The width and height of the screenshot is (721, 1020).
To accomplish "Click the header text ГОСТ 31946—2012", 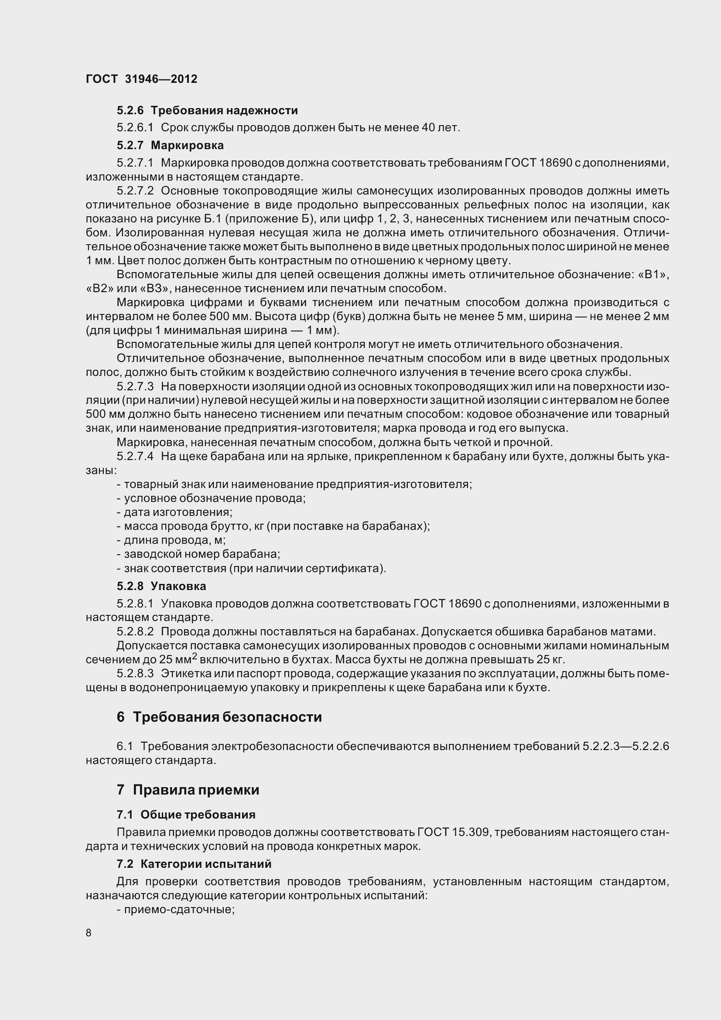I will click(x=141, y=79).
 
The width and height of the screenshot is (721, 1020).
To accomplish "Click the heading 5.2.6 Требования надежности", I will click(x=207, y=110).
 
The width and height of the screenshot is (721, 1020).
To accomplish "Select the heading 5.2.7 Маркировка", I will click(x=170, y=145).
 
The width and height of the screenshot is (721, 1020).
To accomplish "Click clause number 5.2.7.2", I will click(x=135, y=191).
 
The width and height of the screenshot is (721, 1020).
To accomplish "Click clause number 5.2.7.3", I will click(x=135, y=386).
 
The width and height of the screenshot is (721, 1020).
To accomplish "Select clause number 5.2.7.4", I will click(x=135, y=456).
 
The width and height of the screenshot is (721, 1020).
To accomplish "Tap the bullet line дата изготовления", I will click(x=174, y=512).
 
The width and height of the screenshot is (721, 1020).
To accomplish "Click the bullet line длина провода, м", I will click(x=171, y=540).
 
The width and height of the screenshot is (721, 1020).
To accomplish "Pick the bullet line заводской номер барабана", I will click(x=198, y=554).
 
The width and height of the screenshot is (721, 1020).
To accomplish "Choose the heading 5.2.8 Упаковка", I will click(x=161, y=586).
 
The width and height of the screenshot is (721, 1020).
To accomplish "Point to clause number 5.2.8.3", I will click(x=135, y=673).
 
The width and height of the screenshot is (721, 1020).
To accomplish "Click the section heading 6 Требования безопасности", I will click(x=219, y=717).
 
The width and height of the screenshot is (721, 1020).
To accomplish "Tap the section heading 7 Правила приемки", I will click(x=188, y=790).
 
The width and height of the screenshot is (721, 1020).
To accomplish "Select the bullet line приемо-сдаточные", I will click(x=175, y=909).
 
